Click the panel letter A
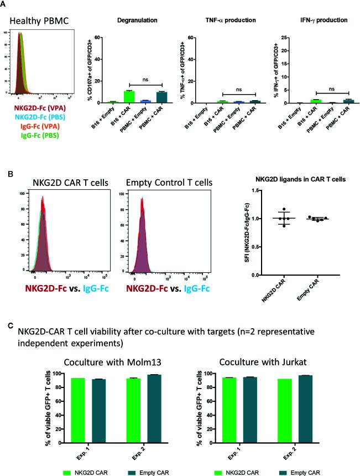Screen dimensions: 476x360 [x=4, y=4]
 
